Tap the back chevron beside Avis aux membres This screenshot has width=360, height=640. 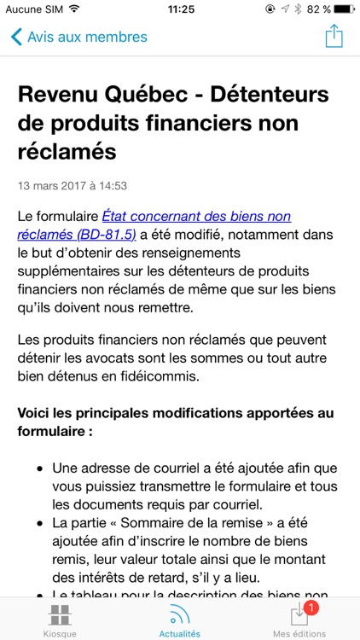pyautogui.click(x=16, y=38)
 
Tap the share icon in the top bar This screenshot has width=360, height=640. pyautogui.click(x=334, y=37)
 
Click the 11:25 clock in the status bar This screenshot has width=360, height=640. pyautogui.click(x=180, y=9)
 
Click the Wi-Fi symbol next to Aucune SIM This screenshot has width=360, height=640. pyautogui.click(x=74, y=9)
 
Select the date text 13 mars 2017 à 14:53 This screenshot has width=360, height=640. pyautogui.click(x=73, y=185)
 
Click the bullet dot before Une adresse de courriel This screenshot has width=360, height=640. pyautogui.click(x=41, y=468)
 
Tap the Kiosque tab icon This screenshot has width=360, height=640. pyautogui.click(x=60, y=614)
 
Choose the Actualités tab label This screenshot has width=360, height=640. pyautogui.click(x=180, y=634)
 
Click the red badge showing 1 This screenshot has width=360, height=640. pyautogui.click(x=311, y=608)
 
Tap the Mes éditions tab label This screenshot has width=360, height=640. pyautogui.click(x=299, y=634)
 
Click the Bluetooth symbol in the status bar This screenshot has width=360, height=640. pyautogui.click(x=297, y=9)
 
